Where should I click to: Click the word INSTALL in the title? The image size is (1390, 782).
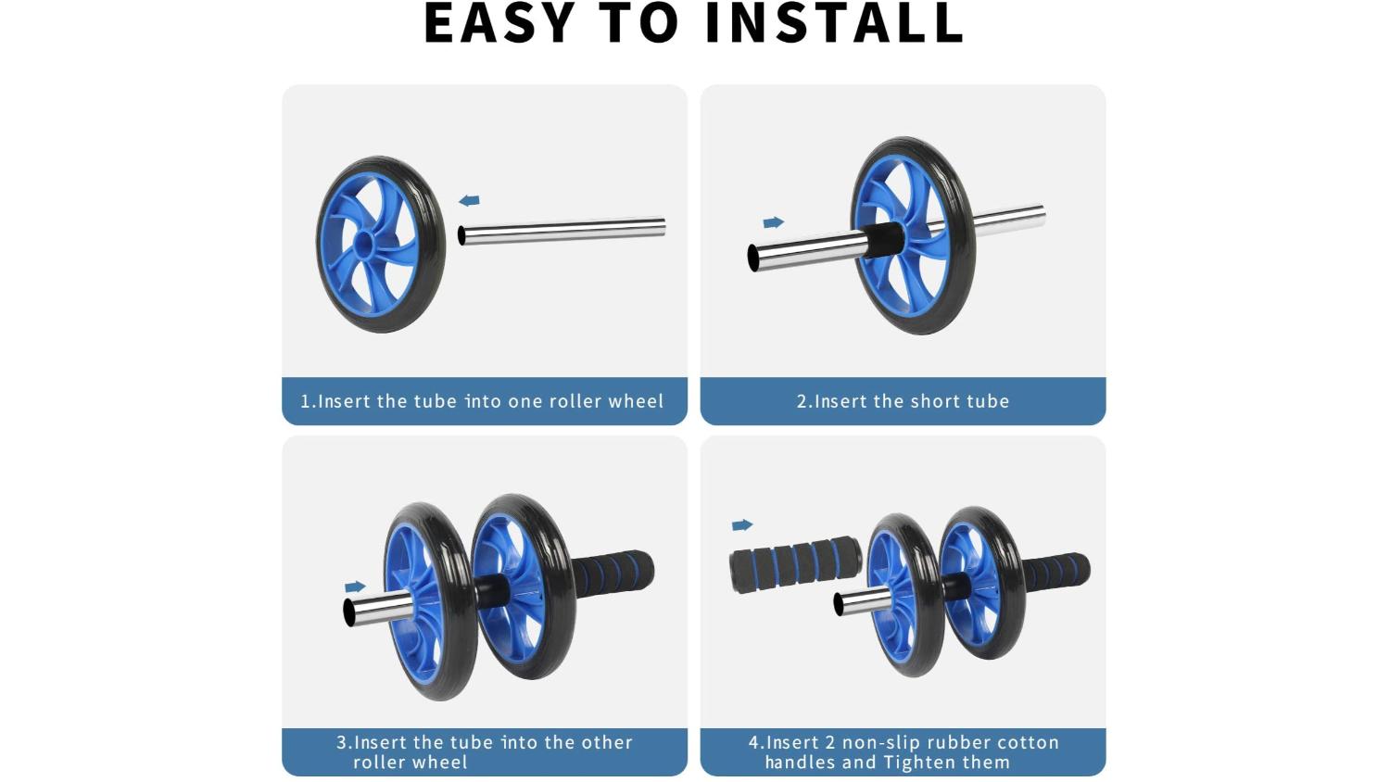click(x=834, y=23)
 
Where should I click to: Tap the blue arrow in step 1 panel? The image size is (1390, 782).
click(x=469, y=200)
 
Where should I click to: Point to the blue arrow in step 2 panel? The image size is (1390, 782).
click(x=773, y=222)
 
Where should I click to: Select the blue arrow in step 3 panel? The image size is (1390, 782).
click(x=355, y=586)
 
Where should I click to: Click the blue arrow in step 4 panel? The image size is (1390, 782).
click(x=742, y=525)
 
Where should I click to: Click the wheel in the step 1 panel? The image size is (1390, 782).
click(x=380, y=244)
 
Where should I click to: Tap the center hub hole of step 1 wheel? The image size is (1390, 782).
click(x=364, y=243)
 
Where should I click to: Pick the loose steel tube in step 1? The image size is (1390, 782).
click(x=562, y=231)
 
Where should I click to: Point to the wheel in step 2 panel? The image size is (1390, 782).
click(x=912, y=235)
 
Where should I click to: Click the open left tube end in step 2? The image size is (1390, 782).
click(x=753, y=258)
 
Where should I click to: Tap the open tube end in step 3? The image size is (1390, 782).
click(x=349, y=612)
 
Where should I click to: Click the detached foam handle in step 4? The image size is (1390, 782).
click(x=796, y=565)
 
